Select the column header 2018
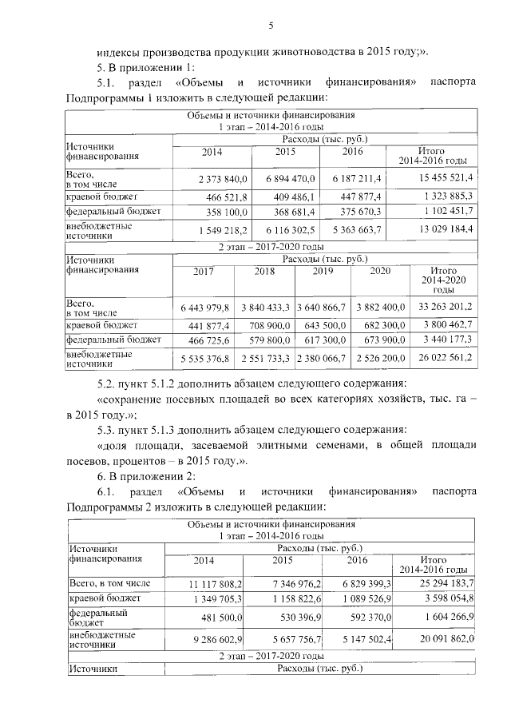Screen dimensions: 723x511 tap(264, 272)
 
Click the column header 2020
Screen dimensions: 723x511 tap(380, 272)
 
